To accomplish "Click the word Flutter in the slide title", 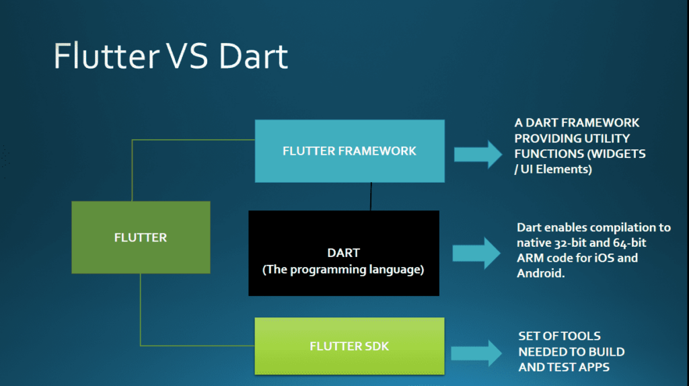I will click(x=102, y=56).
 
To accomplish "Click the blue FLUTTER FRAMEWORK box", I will click(x=349, y=151).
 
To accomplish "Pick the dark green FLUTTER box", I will click(x=141, y=237).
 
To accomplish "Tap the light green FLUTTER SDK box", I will click(x=349, y=346).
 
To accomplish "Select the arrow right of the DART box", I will click(x=476, y=254).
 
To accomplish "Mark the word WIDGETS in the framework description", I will click(x=619, y=154).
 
